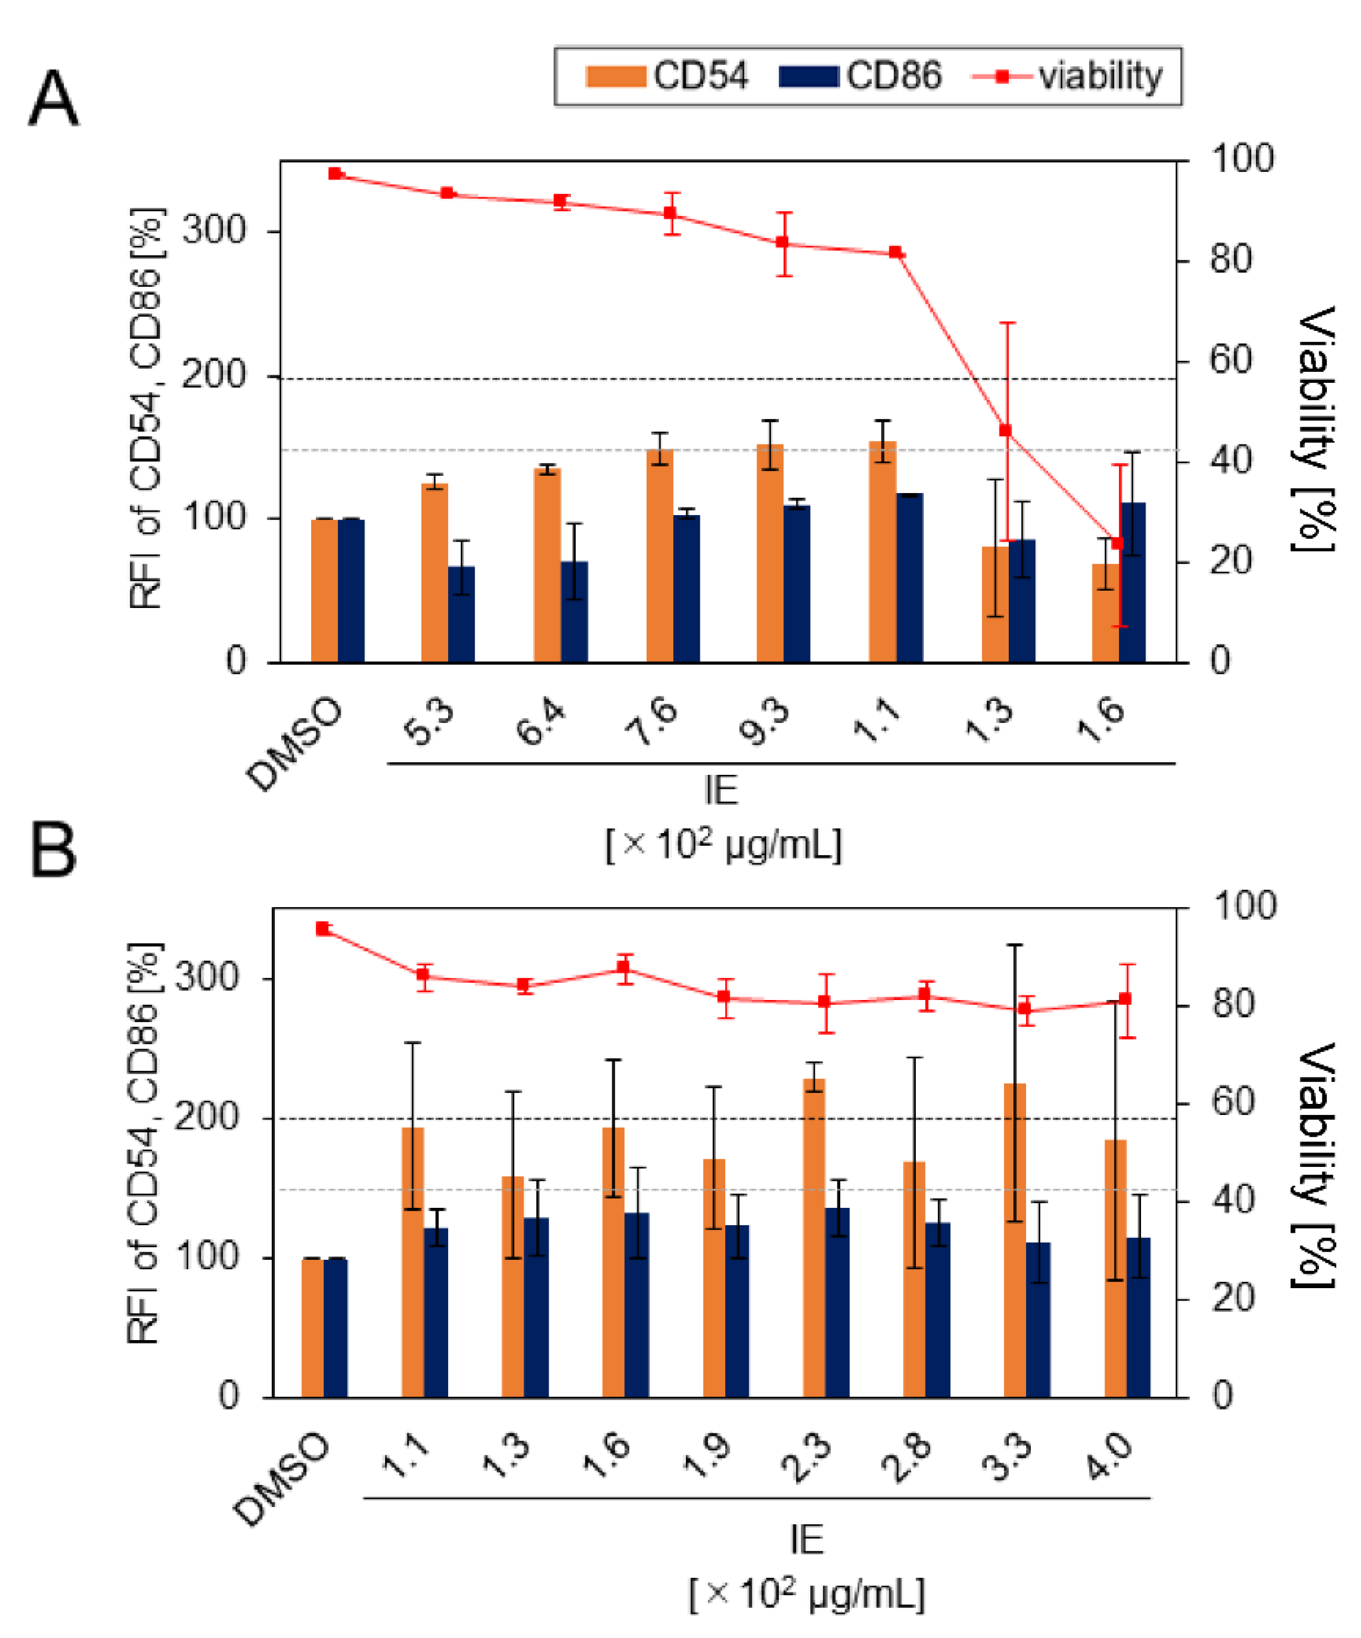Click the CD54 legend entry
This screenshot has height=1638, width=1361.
point(667,76)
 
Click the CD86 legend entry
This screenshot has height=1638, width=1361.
point(860,76)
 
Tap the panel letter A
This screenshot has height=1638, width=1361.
point(53,99)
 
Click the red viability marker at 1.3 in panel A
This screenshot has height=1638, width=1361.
point(1005,431)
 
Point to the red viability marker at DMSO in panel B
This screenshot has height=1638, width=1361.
point(323,928)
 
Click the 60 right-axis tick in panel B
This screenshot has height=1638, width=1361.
point(1233,1103)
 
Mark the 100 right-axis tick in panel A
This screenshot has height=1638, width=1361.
point(1241,159)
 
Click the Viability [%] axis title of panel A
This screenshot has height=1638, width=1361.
point(1317,429)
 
